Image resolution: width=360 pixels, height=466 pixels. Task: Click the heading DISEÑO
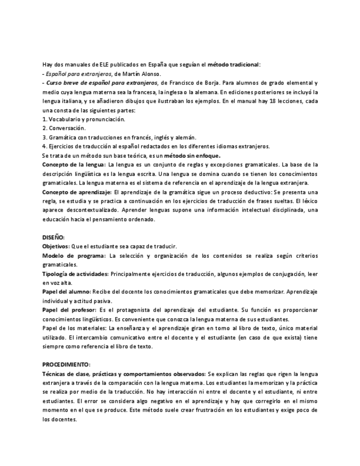53,237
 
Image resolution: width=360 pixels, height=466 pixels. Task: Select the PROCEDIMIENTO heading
67,364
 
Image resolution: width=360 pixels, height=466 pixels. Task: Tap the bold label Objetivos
56,246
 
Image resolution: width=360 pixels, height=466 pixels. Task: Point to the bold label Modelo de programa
74,256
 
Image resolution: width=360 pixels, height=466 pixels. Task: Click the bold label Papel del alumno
67,291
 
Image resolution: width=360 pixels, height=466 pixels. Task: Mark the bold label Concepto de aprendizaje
76,192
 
